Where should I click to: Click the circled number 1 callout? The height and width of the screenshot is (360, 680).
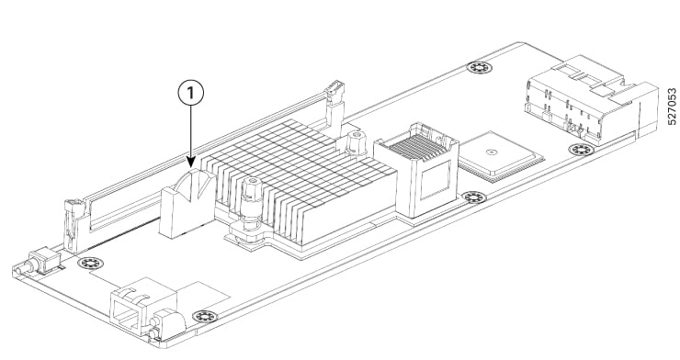pos(192,93)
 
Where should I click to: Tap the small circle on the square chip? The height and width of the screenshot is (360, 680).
pos(493,147)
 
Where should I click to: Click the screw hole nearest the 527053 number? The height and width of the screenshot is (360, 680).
pos(579,150)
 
